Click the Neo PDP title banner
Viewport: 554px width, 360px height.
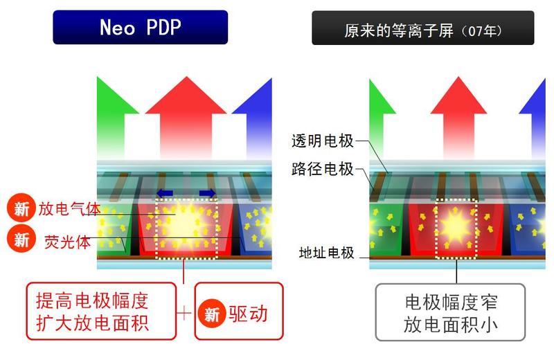pos(141,27)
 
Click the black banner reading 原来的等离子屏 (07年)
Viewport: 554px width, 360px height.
pos(423,28)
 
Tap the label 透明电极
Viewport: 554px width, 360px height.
pos(322,141)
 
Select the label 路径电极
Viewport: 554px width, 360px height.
pos(322,169)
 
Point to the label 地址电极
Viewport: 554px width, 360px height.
pos(326,253)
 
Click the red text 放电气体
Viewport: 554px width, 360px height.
pos(69,209)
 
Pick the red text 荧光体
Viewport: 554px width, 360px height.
pos(67,242)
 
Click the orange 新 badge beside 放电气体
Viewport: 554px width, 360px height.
pos(21,208)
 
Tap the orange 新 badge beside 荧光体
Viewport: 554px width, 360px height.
pos(21,239)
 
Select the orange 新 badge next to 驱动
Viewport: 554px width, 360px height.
pos(212,314)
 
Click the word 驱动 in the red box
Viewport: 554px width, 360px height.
pos(248,314)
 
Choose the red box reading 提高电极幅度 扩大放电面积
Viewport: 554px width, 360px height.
pos(101,312)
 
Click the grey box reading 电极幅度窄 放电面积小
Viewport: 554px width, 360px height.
pos(451,312)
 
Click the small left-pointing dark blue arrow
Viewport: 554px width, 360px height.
pos(165,193)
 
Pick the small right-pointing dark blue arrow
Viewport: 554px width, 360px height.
pos(207,193)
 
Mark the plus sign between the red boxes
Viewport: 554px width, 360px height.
pos(184,313)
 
